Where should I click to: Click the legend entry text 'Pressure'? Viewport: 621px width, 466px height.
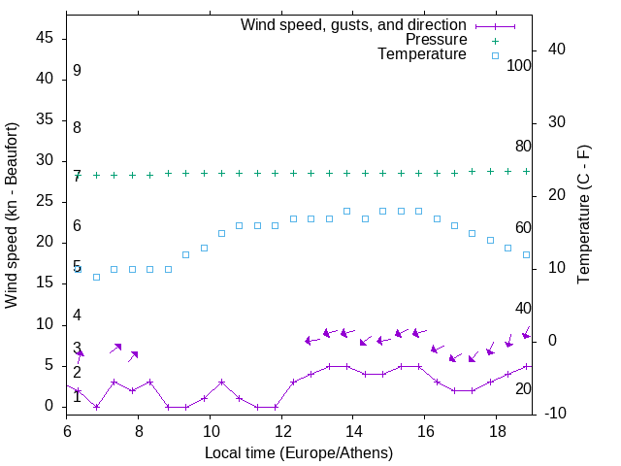pos(438,40)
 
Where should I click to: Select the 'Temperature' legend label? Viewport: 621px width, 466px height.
pos(422,55)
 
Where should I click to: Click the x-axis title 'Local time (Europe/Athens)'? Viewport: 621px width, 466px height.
pos(298,453)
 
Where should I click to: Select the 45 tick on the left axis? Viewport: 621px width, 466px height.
pos(45,39)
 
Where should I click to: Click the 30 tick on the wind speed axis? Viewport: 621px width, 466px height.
pos(45,161)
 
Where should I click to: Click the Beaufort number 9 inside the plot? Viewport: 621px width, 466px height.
pos(77,71)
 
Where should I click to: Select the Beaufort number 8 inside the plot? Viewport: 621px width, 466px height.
pos(77,128)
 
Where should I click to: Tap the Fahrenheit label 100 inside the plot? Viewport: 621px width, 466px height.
pos(519,66)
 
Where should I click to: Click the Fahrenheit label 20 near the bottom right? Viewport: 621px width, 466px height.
pos(523,389)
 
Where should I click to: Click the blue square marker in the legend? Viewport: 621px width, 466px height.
pos(495,55)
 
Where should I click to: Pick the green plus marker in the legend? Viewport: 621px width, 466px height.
pos(495,40)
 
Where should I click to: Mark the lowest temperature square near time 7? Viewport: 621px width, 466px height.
pos(96,277)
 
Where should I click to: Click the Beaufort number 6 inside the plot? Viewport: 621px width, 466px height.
pos(77,226)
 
